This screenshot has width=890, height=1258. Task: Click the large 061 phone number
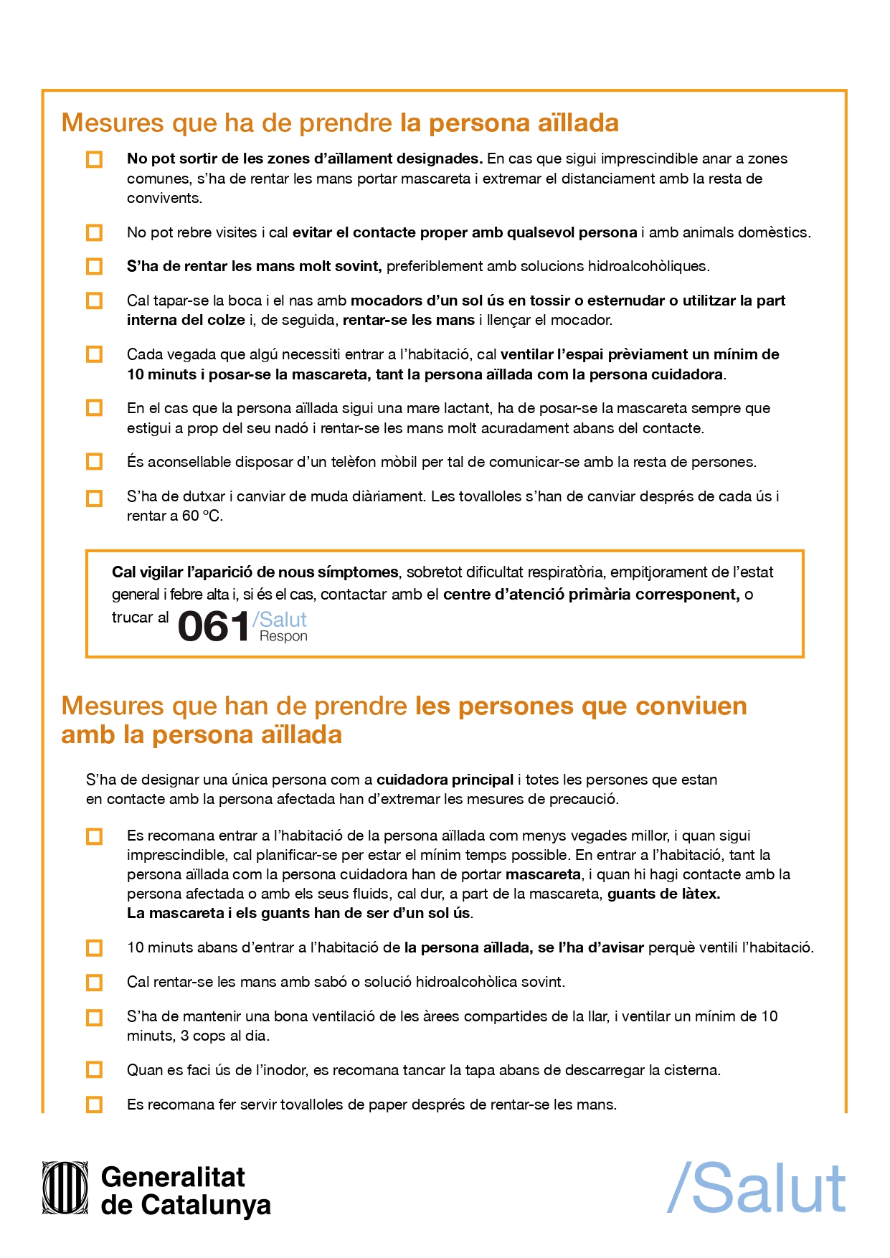(x=213, y=626)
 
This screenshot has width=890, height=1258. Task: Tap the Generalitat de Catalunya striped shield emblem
(x=65, y=1188)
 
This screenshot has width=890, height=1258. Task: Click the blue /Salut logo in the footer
(x=757, y=1188)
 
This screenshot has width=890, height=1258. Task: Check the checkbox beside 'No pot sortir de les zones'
(x=94, y=159)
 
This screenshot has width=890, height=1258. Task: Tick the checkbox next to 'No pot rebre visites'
(x=94, y=233)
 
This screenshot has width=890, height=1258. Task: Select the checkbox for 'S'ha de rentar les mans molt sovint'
(x=94, y=267)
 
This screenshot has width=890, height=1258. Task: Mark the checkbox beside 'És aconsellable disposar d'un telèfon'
(x=94, y=462)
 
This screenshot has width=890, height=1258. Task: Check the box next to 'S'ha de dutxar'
(x=94, y=498)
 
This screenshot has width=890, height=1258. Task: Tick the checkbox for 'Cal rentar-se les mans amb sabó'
(x=94, y=983)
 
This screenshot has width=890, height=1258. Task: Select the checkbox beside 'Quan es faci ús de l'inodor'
(x=94, y=1070)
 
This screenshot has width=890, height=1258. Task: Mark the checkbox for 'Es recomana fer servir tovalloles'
(x=94, y=1105)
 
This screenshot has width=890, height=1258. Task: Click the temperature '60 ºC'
(x=202, y=516)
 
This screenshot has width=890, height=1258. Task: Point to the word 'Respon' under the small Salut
(x=283, y=636)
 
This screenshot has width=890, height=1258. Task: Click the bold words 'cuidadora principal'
(x=445, y=780)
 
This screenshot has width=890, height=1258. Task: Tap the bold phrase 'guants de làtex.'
(x=663, y=894)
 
